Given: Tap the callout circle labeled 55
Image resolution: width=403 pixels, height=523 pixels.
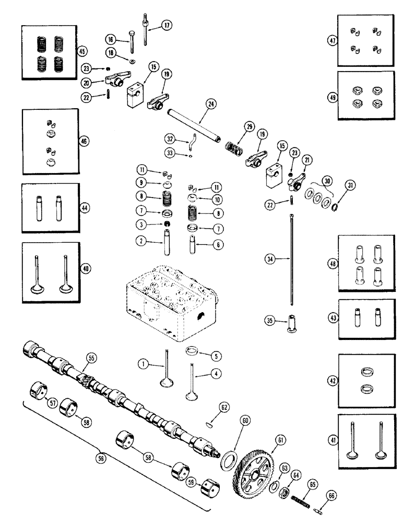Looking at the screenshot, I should [x=91, y=358].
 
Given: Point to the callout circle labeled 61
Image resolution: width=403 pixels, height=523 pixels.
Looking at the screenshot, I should [x=281, y=440].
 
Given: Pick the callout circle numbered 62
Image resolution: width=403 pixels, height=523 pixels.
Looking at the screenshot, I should [x=223, y=405].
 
